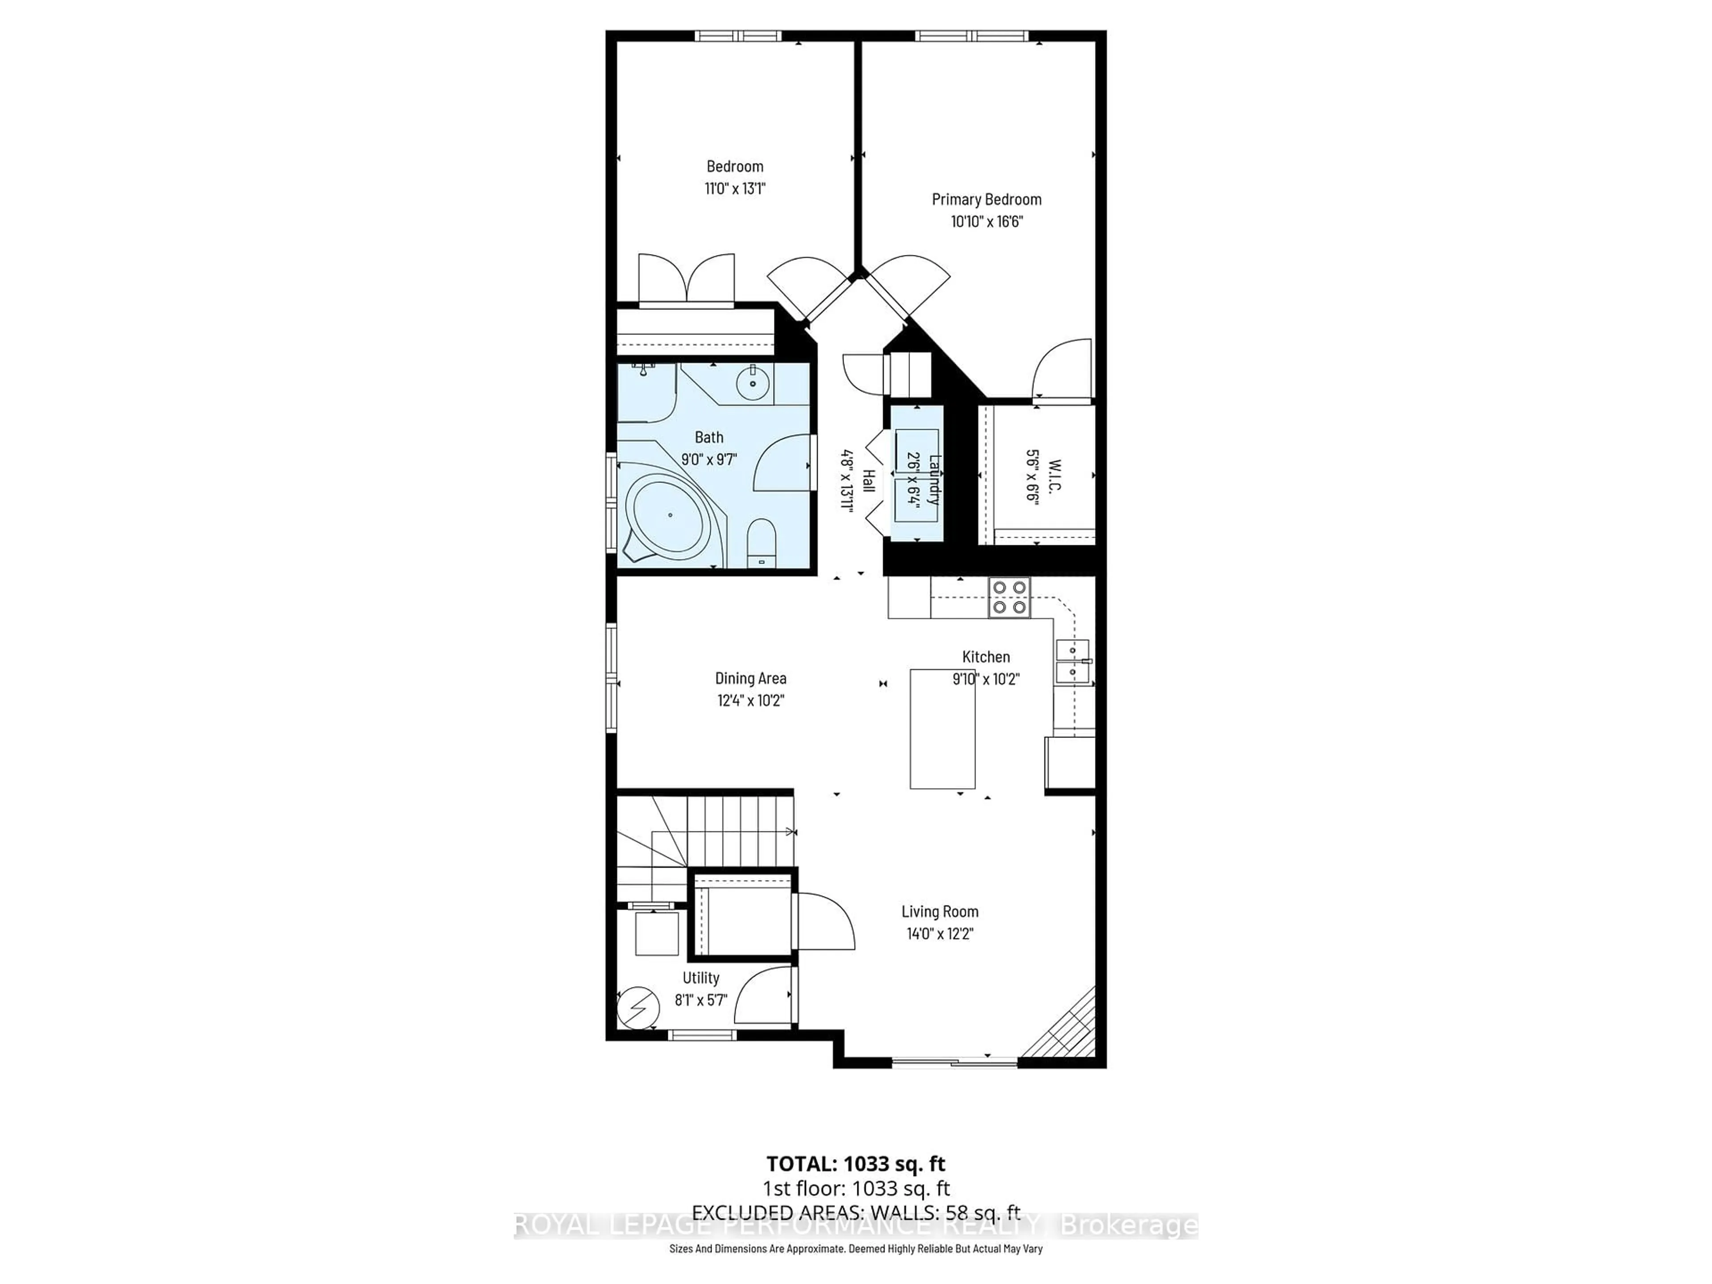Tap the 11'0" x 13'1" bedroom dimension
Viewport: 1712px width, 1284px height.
click(734, 188)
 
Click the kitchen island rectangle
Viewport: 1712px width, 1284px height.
click(942, 728)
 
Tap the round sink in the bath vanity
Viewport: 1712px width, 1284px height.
click(752, 383)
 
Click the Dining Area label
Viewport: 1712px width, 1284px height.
click(750, 679)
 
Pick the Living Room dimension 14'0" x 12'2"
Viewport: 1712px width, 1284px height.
click(939, 934)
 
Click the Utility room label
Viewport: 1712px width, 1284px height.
click(700, 978)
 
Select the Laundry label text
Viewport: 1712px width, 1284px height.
click(934, 479)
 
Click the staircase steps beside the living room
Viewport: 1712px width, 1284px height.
click(739, 832)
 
